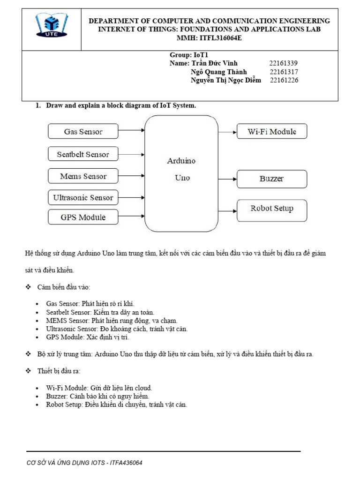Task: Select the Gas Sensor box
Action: (x=83, y=132)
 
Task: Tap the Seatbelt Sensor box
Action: (x=83, y=154)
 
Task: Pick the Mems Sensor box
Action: (x=83, y=176)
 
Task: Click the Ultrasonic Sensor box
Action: (x=83, y=197)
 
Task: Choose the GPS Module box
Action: (x=83, y=217)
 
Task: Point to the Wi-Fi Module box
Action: (x=272, y=132)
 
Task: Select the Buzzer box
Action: (x=272, y=179)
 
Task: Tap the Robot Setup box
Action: (x=272, y=208)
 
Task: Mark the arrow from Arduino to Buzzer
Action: (x=227, y=179)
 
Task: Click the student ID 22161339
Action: (x=284, y=63)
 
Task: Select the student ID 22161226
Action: (x=284, y=80)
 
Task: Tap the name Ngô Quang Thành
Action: (x=218, y=72)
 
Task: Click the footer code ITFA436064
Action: (x=126, y=463)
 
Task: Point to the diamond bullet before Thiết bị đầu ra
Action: (x=28, y=371)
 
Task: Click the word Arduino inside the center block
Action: (x=181, y=161)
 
